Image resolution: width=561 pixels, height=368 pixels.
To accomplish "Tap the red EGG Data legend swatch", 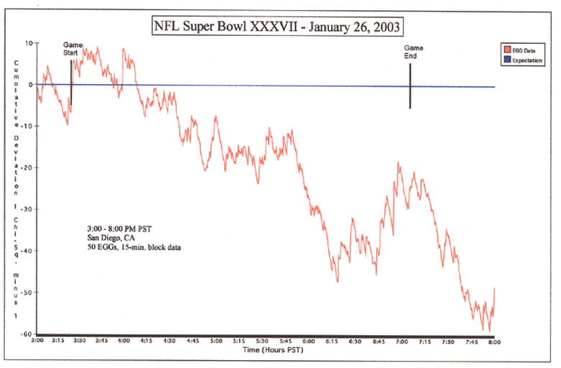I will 506,50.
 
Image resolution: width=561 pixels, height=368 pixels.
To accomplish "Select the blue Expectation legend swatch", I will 506,61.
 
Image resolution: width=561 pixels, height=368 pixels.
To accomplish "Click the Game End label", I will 413,52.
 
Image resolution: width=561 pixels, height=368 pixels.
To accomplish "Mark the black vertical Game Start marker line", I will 71,83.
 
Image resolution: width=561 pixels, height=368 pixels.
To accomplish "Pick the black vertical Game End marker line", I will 410,86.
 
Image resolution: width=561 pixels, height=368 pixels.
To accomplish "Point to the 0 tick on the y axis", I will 31,84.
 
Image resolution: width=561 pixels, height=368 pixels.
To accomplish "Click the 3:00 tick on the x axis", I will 37,341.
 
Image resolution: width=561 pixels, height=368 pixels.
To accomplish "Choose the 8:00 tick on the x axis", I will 495,341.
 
